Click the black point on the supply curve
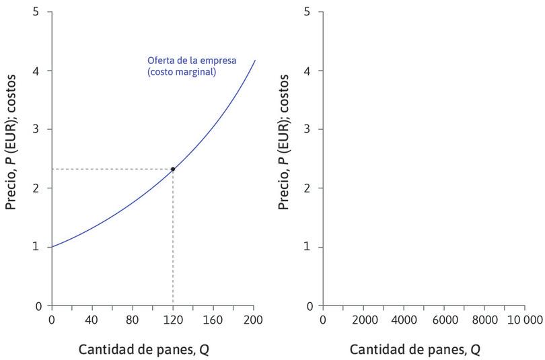(173, 169)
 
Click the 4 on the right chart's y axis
(307, 71)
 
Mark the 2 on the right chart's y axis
(307, 188)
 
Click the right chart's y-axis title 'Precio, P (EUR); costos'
(284, 143)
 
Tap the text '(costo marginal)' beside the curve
(182, 71)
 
